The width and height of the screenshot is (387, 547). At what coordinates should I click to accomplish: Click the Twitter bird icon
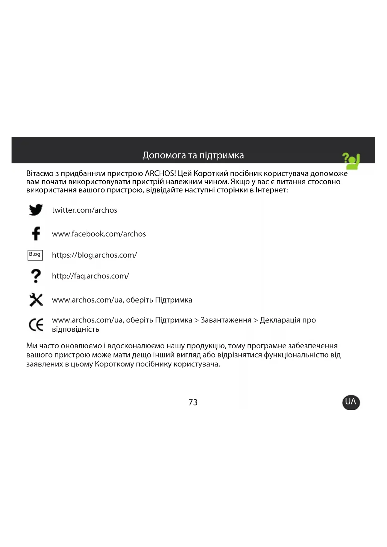tap(36, 210)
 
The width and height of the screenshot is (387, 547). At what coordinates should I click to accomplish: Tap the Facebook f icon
tap(36, 233)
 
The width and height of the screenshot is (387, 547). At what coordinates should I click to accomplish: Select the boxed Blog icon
tap(35, 255)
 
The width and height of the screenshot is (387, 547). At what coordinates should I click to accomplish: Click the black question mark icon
tap(36, 276)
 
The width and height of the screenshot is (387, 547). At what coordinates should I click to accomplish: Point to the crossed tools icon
tap(36, 300)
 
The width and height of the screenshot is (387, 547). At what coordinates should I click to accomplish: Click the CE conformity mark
tap(36, 325)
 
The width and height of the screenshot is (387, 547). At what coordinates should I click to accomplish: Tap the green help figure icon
tap(351, 161)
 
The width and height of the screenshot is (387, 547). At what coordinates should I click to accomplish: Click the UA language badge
tap(351, 402)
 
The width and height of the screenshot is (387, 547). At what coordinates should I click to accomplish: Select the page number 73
tap(193, 402)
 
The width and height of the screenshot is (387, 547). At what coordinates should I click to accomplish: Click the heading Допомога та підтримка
tap(193, 155)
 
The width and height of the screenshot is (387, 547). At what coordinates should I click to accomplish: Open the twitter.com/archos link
tap(85, 210)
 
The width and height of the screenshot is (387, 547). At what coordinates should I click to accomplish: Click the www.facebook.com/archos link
tap(99, 234)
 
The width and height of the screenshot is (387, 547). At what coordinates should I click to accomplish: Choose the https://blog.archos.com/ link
tap(94, 255)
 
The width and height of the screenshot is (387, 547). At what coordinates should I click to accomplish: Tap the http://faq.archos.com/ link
tap(90, 276)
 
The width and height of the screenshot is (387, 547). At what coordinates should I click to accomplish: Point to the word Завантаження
tap(226, 320)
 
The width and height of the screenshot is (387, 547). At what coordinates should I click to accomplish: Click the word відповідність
tap(75, 329)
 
